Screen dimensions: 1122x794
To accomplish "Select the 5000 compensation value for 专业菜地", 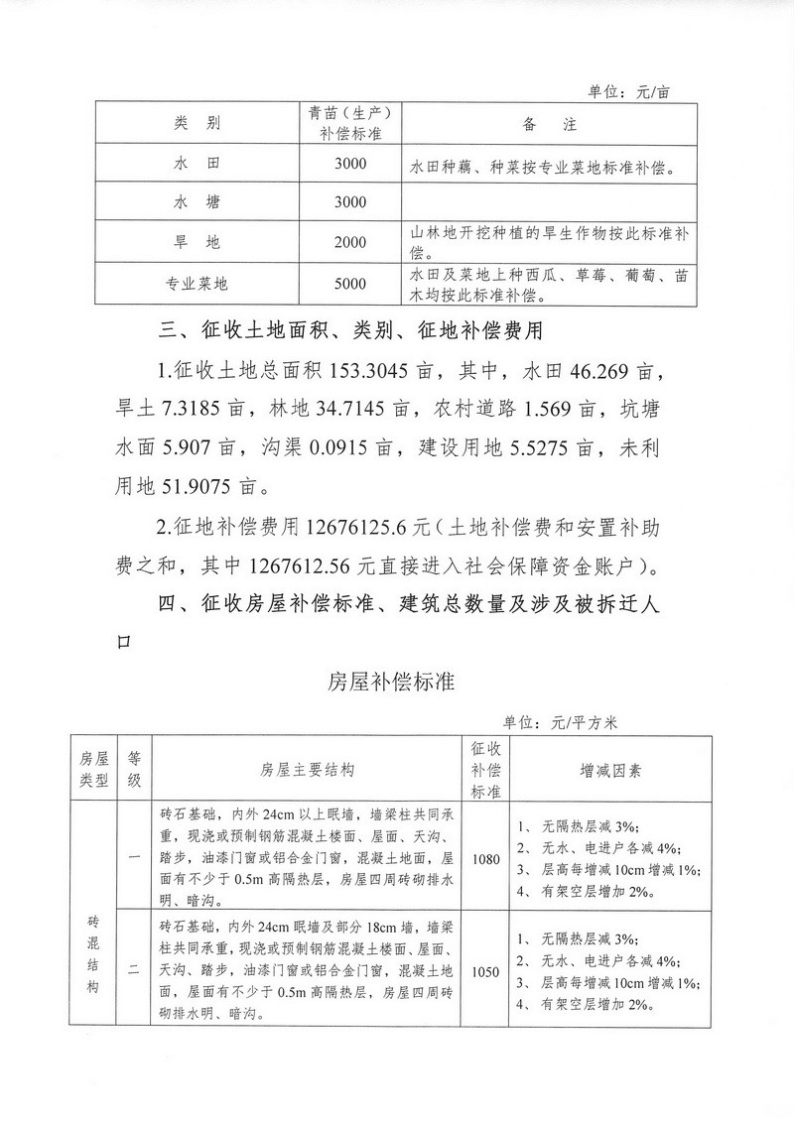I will (x=350, y=284).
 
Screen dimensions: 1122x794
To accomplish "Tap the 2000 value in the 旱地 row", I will (x=350, y=243).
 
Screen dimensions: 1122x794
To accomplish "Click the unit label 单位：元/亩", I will (x=629, y=91).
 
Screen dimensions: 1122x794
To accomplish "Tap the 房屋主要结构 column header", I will (x=307, y=769).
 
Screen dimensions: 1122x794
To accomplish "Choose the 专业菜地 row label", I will (x=197, y=284).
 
